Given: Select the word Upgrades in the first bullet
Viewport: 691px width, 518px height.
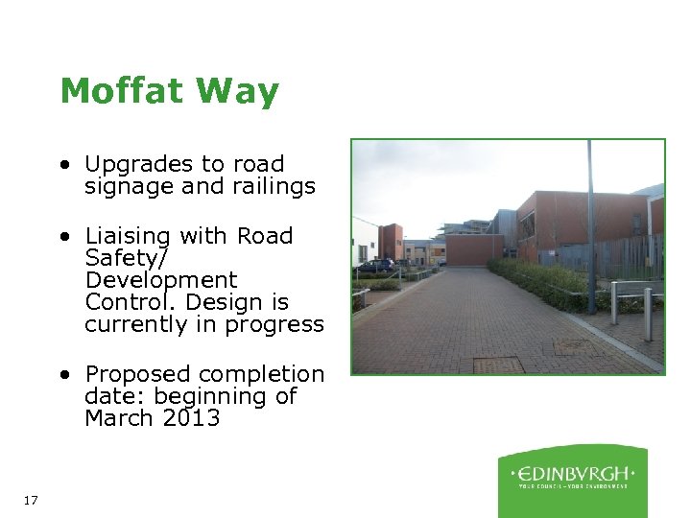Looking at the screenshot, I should pyautogui.click(x=135, y=165).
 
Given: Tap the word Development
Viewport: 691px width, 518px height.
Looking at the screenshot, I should pyautogui.click(x=160, y=281).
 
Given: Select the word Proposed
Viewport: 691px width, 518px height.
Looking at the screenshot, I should pyautogui.click(x=136, y=375).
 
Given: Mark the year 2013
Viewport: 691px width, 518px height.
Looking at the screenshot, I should pyautogui.click(x=191, y=418).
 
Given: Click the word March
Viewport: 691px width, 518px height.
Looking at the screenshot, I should pyautogui.click(x=119, y=418).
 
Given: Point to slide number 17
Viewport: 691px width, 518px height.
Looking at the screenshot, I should pyautogui.click(x=30, y=500).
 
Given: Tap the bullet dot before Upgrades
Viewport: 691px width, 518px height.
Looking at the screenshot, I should pyautogui.click(x=61, y=165).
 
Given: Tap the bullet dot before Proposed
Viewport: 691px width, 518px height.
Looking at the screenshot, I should pyautogui.click(x=61, y=374).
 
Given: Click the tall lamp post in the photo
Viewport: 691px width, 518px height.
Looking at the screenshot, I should pyautogui.click(x=590, y=230).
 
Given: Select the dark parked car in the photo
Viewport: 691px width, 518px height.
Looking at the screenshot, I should pyautogui.click(x=375, y=265).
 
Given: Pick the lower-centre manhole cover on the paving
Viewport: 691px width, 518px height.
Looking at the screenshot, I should pyautogui.click(x=498, y=365).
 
